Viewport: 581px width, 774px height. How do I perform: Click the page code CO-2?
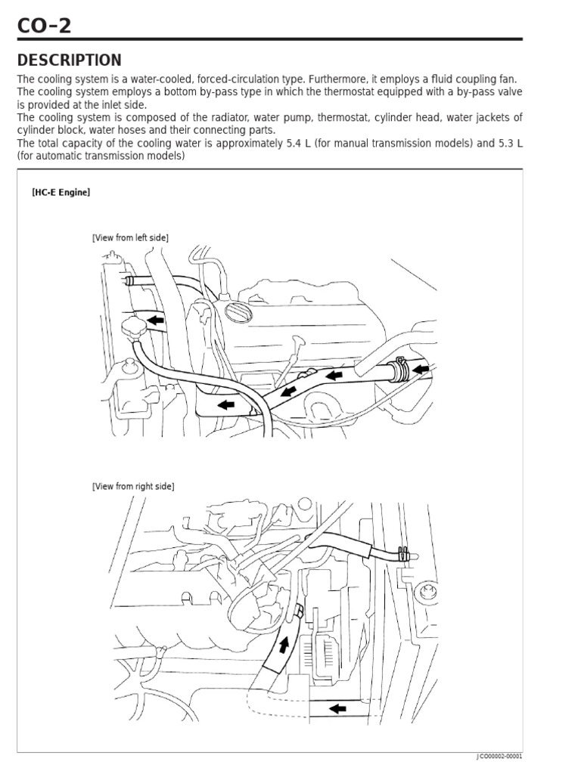coord(45,27)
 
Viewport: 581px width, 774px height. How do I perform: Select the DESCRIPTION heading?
coord(69,60)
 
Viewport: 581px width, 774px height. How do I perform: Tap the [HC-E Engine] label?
coord(61,192)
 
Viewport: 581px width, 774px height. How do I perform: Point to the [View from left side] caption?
coord(130,237)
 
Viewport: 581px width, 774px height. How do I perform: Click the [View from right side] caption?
coord(133,487)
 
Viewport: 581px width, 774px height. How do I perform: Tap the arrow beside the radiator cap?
coord(156,320)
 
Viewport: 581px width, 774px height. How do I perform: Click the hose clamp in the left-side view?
coord(399,368)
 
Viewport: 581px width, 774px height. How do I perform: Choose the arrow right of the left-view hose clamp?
coord(421,369)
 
